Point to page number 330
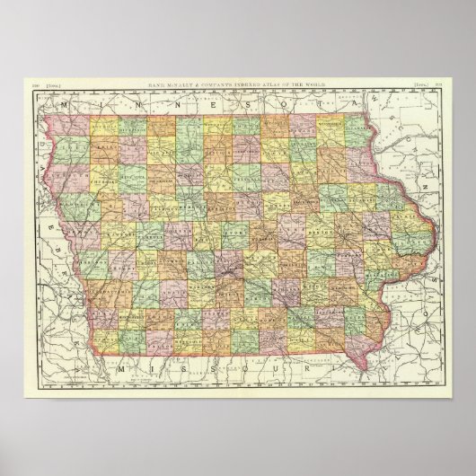point(37,84)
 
